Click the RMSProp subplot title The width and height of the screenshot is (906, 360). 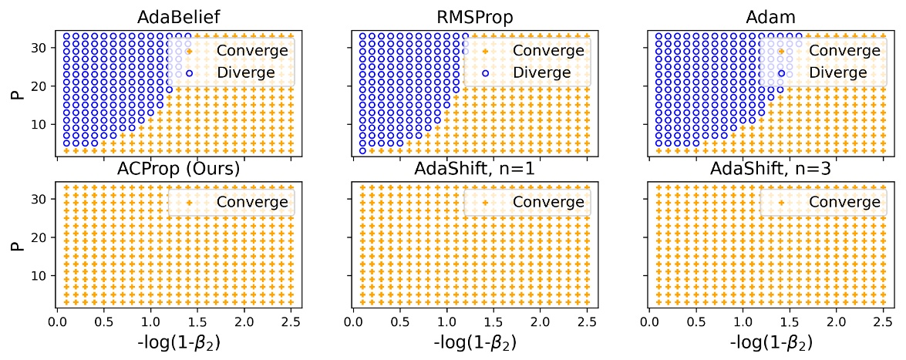click(x=474, y=17)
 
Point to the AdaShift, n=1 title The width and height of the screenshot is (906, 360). click(x=474, y=169)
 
